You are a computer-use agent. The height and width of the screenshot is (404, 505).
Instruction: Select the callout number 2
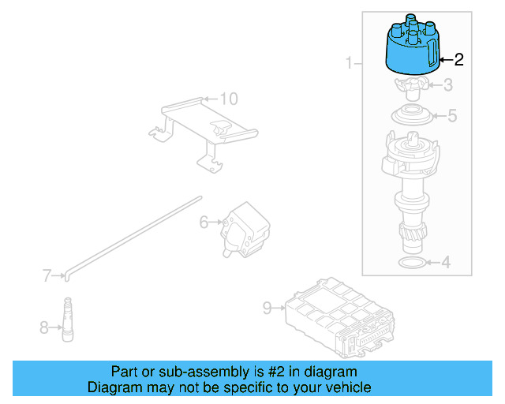459,58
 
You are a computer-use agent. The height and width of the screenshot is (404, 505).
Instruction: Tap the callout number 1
349,62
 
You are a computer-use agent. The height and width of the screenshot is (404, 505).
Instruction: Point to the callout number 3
447,85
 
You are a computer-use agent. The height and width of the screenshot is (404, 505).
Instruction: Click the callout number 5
452,116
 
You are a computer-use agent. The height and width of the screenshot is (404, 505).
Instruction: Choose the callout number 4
446,261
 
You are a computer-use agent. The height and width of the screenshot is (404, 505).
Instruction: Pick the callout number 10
228,99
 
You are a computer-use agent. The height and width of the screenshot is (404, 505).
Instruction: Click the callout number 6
204,223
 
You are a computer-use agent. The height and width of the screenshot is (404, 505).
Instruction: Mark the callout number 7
47,275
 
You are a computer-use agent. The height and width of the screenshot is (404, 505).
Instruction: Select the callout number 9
267,308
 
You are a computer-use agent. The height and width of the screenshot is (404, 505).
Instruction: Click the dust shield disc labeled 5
411,115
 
